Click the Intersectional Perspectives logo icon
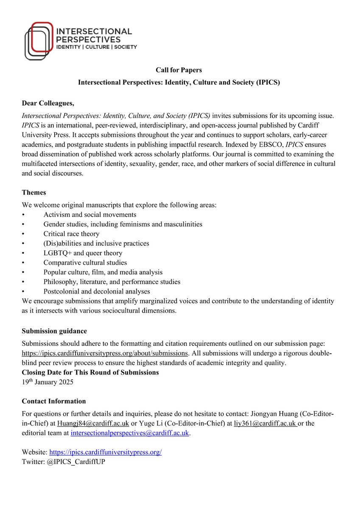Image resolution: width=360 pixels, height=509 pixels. pos(39,41)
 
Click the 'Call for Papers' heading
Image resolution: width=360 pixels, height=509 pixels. pos(179,70)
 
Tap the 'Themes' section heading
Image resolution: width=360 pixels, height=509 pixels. pos(34,192)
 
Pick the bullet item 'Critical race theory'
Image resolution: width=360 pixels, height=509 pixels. pos(71,234)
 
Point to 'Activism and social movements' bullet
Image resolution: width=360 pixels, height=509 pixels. pos(89,215)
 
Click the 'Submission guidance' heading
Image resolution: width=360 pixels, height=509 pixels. pos(54,331)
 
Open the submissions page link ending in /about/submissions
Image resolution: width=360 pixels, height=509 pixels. pos(105,353)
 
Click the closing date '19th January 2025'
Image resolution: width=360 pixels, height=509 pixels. pos(47,382)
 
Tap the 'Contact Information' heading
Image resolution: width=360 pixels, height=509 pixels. pos(54,401)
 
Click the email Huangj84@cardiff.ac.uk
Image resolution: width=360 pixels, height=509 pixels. pos(93,423)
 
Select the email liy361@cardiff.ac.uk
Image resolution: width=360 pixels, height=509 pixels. pos(265,423)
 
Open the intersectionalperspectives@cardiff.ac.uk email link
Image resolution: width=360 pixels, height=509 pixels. pos(131,433)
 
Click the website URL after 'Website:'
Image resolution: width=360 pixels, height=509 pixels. pos(106,452)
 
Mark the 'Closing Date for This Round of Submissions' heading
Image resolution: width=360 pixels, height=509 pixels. pos(90,372)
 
